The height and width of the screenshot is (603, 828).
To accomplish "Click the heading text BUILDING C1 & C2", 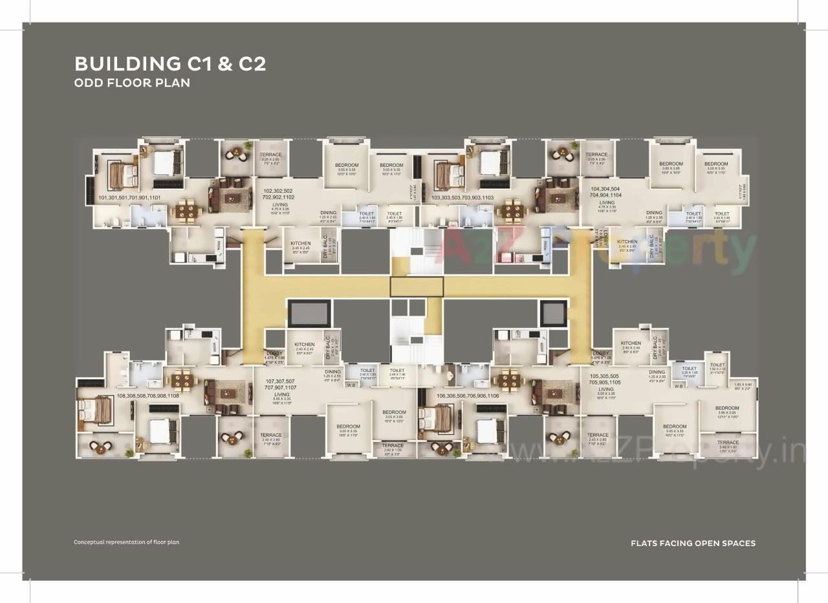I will click(x=170, y=64).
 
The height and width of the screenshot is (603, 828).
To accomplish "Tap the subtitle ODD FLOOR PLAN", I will click(x=132, y=83).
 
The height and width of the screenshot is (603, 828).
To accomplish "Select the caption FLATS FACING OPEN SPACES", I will click(x=693, y=543).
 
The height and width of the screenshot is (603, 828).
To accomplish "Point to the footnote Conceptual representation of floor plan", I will click(x=126, y=542).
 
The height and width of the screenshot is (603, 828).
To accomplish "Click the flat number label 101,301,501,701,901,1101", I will click(x=129, y=198).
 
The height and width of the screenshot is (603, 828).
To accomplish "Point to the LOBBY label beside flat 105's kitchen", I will click(x=600, y=353).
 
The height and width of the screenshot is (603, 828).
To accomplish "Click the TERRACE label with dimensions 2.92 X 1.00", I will click(x=392, y=446).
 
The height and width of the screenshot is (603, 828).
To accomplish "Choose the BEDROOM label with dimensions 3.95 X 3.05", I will click(x=726, y=408).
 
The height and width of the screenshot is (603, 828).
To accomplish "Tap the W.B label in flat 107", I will click(x=351, y=386).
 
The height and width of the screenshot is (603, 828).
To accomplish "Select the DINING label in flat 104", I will click(x=654, y=213).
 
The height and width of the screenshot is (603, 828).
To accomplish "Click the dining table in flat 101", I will click(x=186, y=210).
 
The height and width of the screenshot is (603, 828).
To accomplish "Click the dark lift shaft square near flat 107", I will click(x=309, y=314).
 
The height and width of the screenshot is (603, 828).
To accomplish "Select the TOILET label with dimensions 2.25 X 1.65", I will click(x=689, y=369).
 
